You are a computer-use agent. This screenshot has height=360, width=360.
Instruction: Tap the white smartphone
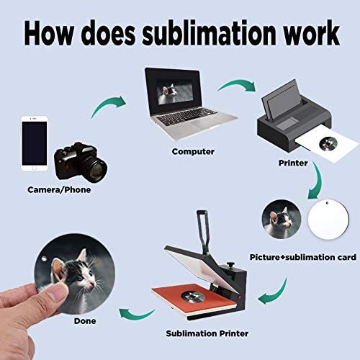[35, 143]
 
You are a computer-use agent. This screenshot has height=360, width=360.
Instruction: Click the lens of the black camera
[94, 170]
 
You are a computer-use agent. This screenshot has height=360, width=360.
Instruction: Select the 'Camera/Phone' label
[59, 190]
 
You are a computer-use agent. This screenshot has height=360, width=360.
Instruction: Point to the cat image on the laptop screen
[174, 92]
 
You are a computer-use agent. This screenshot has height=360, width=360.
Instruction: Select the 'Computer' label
[193, 152]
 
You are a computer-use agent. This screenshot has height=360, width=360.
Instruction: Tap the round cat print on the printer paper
[328, 144]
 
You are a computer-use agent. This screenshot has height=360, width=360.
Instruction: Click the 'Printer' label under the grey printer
[293, 163]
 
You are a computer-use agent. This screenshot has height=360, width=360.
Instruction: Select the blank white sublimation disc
[328, 219]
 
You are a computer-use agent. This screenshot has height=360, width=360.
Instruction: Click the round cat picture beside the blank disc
[282, 219]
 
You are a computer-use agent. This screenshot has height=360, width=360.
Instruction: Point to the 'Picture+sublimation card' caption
[303, 257]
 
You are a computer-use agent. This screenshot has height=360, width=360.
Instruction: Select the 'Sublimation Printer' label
[207, 333]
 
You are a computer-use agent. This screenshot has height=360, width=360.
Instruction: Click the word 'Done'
[85, 321]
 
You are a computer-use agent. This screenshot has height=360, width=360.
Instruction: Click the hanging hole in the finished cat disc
[44, 258]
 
